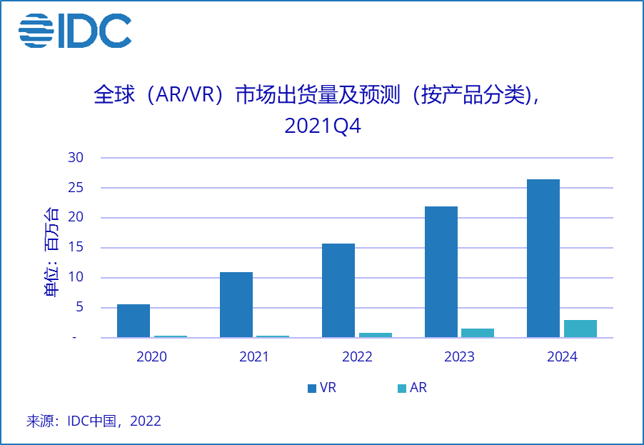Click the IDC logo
pyautogui.click(x=74, y=31)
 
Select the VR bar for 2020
pyautogui.click(x=134, y=321)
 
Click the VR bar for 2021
pyautogui.click(x=236, y=305)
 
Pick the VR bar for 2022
pyautogui.click(x=338, y=291)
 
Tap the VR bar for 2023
pyautogui.click(x=441, y=272)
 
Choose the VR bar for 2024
pyautogui.click(x=543, y=259)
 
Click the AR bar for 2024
pyautogui.click(x=580, y=329)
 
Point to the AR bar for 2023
pyautogui.click(x=478, y=333)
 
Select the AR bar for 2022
pyautogui.click(x=376, y=335)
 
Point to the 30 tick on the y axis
pyautogui.click(x=76, y=158)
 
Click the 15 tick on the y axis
pyautogui.click(x=76, y=248)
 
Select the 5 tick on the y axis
pyautogui.click(x=79, y=308)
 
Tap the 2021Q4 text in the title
pyautogui.click(x=323, y=126)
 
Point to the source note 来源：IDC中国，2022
pyautogui.click(x=94, y=421)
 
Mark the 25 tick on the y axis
pyautogui.click(x=76, y=188)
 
